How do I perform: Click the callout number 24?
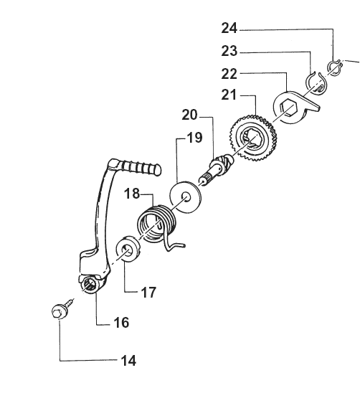click(229, 28)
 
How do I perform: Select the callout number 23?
click(229, 51)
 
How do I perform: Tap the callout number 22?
click(229, 74)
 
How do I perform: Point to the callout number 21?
click(229, 95)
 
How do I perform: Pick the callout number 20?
click(189, 115)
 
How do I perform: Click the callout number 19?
click(194, 138)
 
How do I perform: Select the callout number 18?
click(132, 194)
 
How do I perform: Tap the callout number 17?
click(148, 292)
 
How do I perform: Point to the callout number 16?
click(121, 323)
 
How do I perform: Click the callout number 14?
click(128, 361)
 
